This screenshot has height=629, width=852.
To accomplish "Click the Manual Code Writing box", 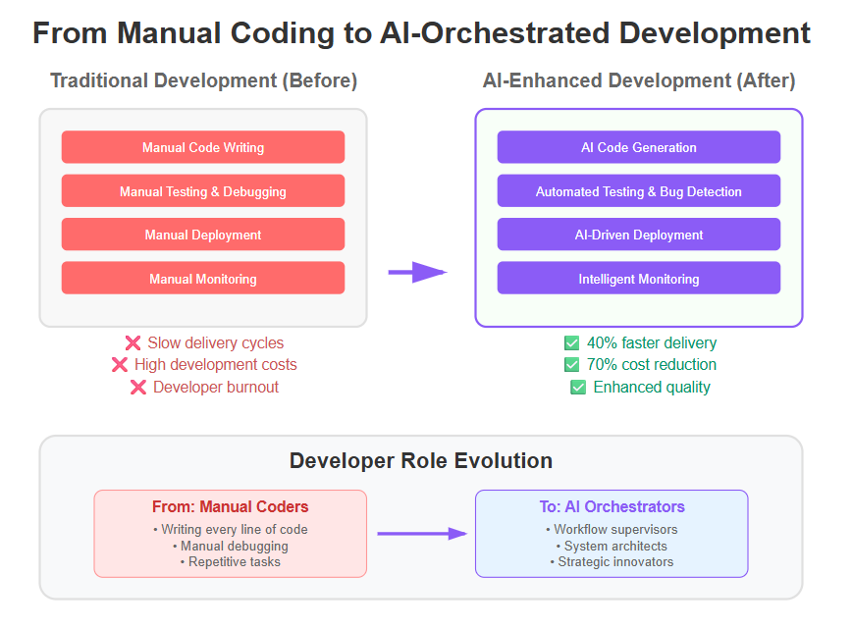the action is click(x=202, y=147).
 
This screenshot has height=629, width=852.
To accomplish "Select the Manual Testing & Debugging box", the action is click(x=202, y=190).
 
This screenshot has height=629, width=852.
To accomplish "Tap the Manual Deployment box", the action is click(x=202, y=235).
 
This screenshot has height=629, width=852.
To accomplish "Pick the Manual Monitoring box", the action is click(x=202, y=278).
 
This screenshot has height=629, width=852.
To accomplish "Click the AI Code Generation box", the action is click(x=638, y=147).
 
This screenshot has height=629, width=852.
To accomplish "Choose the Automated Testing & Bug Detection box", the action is click(x=638, y=190).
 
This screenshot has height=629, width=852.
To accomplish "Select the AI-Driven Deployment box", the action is click(x=638, y=235).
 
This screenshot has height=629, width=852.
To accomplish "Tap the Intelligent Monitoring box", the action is click(x=638, y=278).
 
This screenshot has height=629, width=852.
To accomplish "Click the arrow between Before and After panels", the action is click(x=417, y=272).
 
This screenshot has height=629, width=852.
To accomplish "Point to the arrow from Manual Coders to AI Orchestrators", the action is click(x=422, y=534).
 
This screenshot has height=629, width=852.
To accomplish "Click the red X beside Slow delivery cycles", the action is click(x=133, y=343).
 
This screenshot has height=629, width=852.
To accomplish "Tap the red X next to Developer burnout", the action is click(x=138, y=388).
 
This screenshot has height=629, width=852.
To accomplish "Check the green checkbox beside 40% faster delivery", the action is click(x=571, y=343).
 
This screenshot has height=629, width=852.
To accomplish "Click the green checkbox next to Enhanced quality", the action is click(x=578, y=388).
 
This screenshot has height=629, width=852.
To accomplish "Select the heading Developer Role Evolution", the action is click(x=421, y=460).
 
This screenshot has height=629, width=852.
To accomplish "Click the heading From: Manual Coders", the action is click(x=231, y=506).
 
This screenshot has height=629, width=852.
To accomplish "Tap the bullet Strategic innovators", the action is click(x=612, y=561).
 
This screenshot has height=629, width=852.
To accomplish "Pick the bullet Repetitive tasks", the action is click(x=231, y=561).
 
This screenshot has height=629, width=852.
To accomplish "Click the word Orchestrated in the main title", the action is click(x=515, y=33).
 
